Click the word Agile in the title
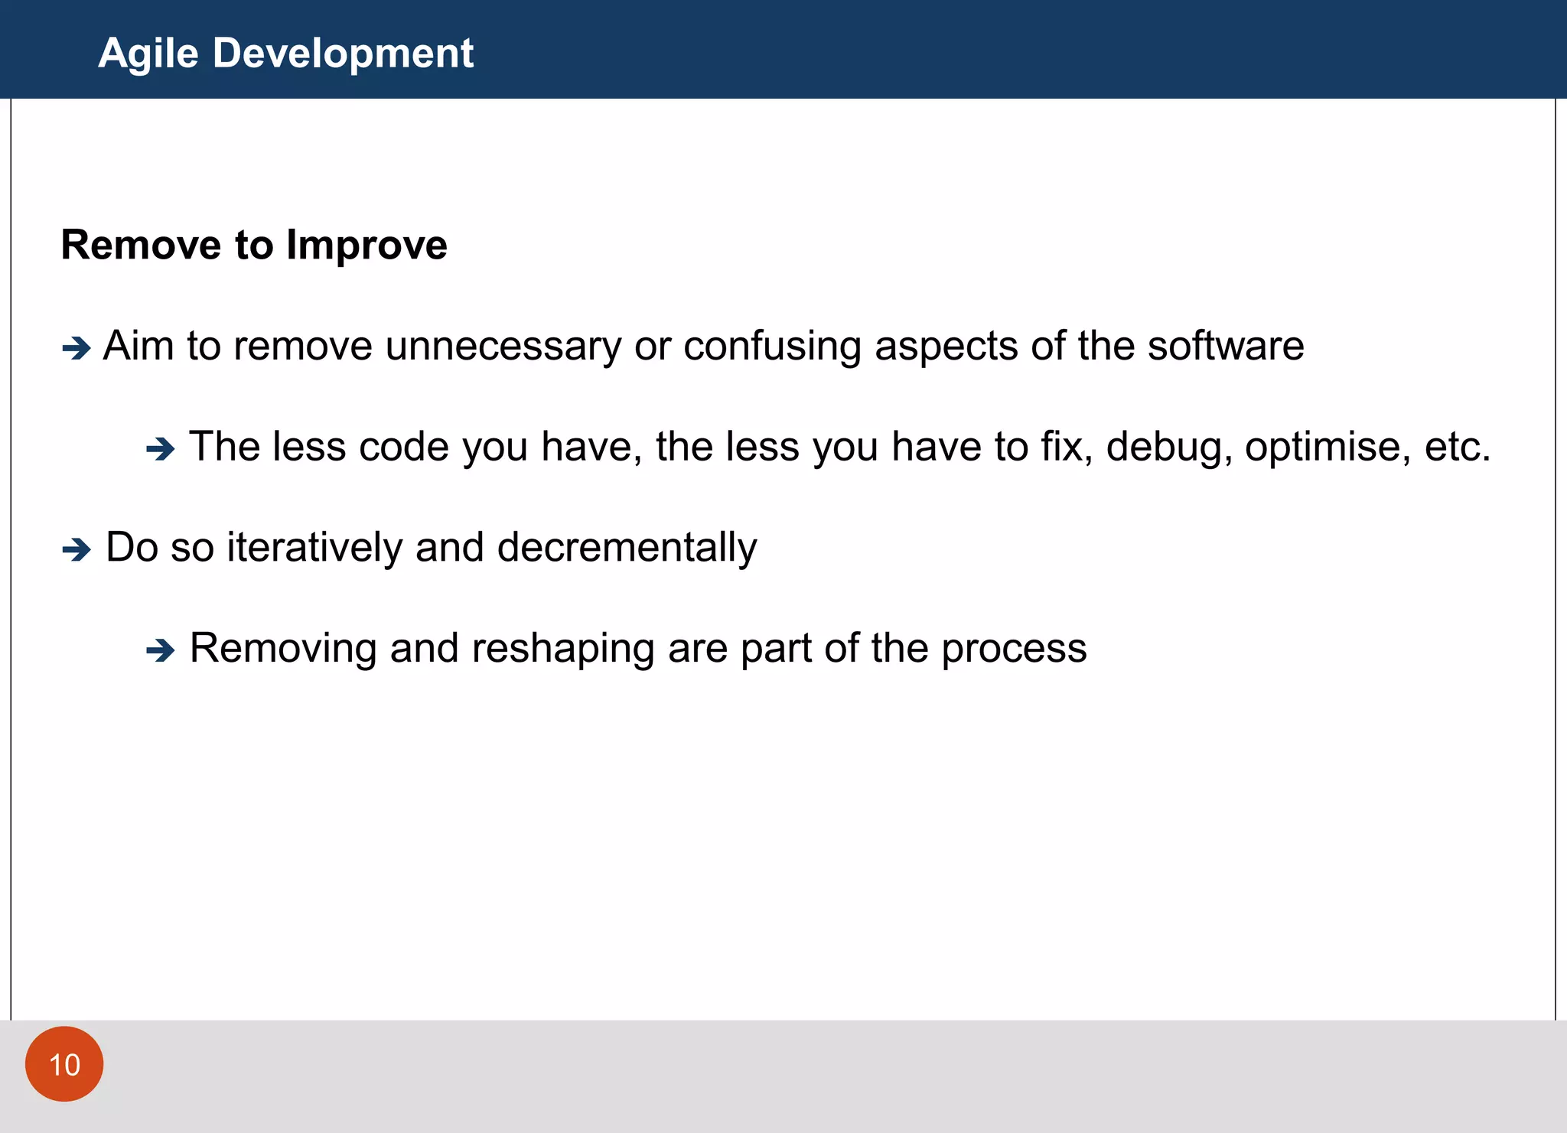(x=148, y=54)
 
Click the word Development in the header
(x=343, y=54)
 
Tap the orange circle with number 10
(x=64, y=1064)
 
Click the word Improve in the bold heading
(x=367, y=246)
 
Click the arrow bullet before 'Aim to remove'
(x=77, y=349)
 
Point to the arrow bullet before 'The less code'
(x=161, y=449)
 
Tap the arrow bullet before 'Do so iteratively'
(x=77, y=549)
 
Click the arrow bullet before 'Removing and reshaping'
(x=161, y=650)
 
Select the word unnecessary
(x=503, y=346)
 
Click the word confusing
(x=772, y=346)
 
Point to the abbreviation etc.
(x=1457, y=447)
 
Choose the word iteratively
(x=314, y=548)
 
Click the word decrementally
(x=627, y=548)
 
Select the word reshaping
(x=562, y=649)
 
